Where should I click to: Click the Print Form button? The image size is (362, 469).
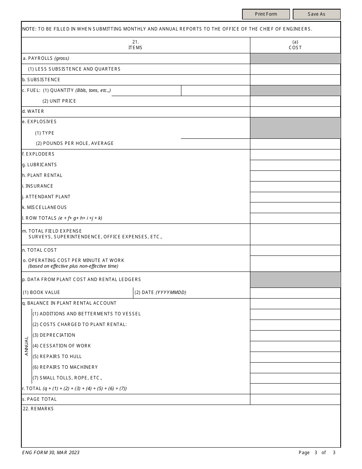266,14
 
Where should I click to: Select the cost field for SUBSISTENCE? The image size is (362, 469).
295,80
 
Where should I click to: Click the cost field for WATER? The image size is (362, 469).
295,112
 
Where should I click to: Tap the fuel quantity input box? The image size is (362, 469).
215,90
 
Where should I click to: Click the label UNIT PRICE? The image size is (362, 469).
59,101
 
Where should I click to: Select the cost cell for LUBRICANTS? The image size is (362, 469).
295,165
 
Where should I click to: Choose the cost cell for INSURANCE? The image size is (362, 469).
295,186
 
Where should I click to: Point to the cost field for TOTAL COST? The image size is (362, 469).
295,250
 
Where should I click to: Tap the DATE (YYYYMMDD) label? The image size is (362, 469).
160,292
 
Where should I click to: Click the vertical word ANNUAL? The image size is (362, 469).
27,345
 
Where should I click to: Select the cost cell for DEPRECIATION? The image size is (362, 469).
295,336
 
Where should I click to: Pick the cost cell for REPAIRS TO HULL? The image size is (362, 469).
295,357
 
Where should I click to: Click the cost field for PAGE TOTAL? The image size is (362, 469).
295,399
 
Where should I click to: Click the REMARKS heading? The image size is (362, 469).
38,409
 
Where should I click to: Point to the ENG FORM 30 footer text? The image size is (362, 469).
51,453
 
